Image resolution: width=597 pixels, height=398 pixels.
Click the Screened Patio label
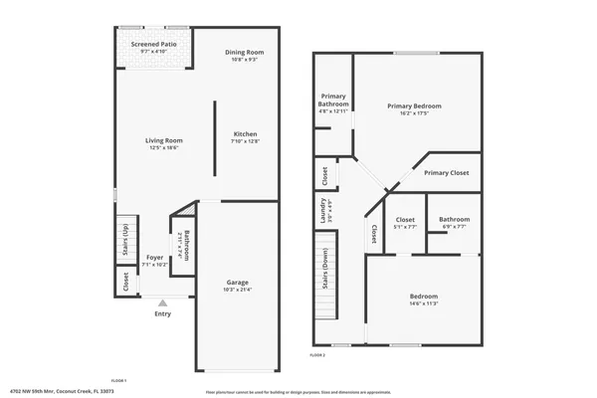[154, 44]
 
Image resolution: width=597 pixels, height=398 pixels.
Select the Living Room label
[164, 141]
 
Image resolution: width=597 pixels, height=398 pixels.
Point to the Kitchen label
[246, 134]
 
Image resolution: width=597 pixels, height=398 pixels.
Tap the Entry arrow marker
[163, 302]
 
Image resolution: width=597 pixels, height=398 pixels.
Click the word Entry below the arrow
[163, 314]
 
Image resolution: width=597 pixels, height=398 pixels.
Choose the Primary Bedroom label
[414, 105]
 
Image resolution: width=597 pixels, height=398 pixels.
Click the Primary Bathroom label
[333, 100]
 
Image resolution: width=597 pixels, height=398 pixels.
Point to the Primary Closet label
[446, 173]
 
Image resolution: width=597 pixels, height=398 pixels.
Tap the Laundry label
[323, 208]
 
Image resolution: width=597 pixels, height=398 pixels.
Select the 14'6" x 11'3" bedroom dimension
[424, 304]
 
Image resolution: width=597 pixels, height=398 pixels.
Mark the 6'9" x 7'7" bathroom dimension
[454, 227]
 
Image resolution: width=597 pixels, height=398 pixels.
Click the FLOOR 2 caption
[317, 355]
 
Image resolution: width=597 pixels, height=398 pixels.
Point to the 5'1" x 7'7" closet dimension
[405, 227]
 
